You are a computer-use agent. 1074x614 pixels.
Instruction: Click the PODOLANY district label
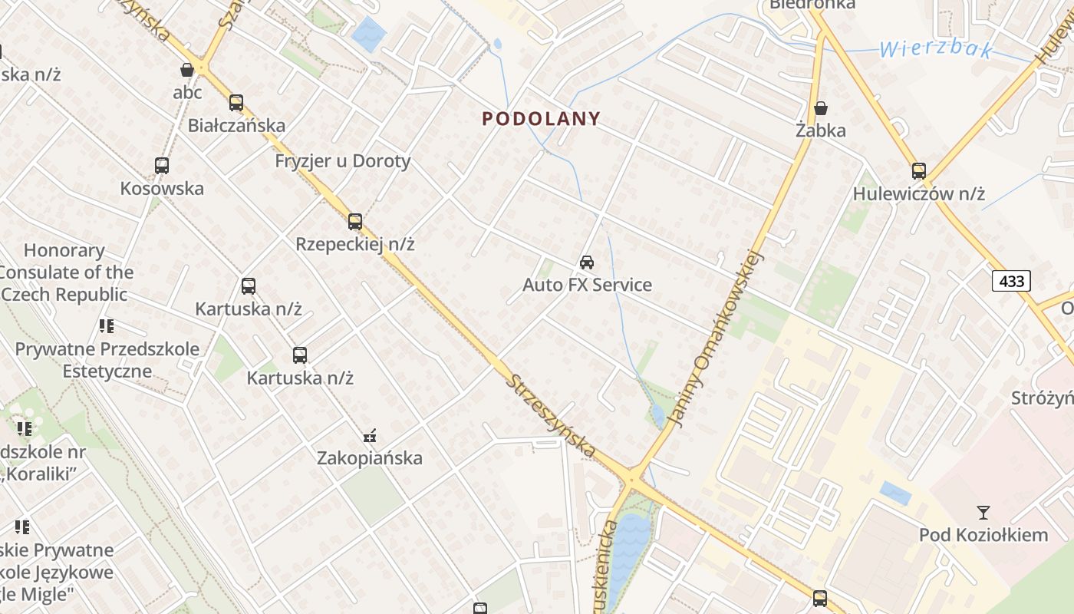(x=541, y=119)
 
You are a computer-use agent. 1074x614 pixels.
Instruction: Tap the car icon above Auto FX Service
(x=587, y=262)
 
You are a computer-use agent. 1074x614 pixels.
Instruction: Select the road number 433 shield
(x=1011, y=281)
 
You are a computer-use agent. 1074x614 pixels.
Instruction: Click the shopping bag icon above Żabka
(x=821, y=108)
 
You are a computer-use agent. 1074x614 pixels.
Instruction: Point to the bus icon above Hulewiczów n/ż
(x=919, y=171)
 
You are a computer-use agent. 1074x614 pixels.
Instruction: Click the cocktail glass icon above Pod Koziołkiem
(x=983, y=513)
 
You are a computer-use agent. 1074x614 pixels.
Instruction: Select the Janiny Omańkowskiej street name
(x=717, y=338)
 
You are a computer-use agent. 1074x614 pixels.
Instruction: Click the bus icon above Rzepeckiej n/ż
(x=354, y=222)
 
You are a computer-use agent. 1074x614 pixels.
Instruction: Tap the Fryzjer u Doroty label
(x=343, y=161)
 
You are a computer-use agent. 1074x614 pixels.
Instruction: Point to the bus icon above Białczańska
(x=236, y=103)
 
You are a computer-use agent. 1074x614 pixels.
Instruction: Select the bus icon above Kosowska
(x=162, y=166)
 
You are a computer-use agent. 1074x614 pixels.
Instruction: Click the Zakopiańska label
(x=370, y=458)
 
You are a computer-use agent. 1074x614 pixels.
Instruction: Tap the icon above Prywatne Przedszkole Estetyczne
(x=107, y=326)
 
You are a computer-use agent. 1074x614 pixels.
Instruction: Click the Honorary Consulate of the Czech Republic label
(x=65, y=272)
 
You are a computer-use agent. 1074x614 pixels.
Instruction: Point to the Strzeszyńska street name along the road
(x=551, y=416)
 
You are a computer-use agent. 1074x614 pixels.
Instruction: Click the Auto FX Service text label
(x=587, y=285)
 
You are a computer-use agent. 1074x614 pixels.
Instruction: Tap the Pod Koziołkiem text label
(x=983, y=535)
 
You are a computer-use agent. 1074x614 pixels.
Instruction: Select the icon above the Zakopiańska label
(x=371, y=436)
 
